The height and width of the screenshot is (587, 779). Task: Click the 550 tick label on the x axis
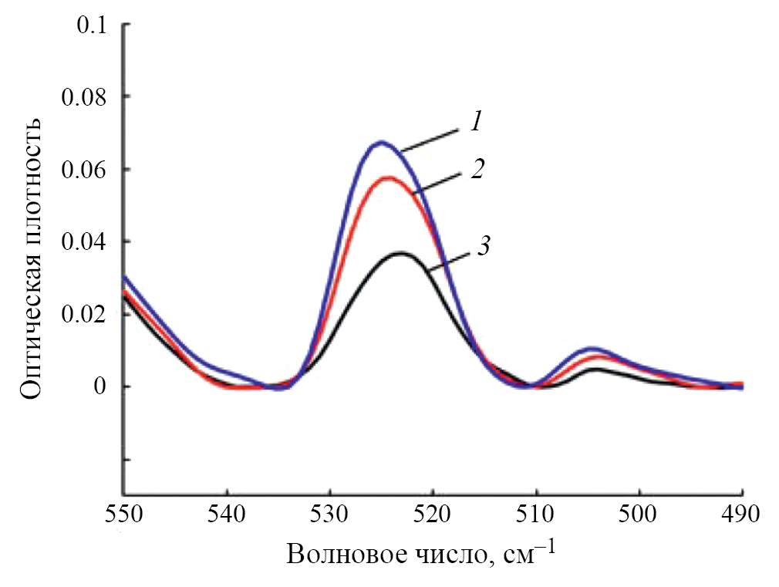point(123,514)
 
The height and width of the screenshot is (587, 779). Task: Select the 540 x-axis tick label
point(227,514)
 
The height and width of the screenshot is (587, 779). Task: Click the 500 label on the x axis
point(640,514)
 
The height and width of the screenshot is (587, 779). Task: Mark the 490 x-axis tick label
point(742,514)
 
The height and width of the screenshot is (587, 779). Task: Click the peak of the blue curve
point(381,142)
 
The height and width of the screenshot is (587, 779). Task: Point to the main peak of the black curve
point(401,252)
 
